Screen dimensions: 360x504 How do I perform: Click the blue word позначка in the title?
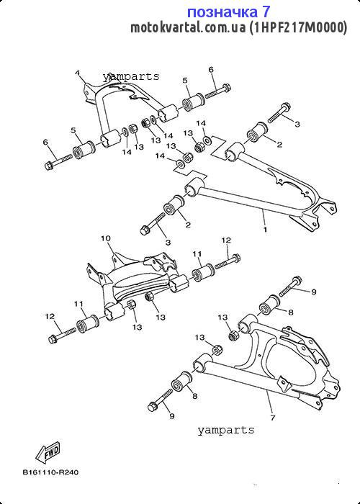click(222, 12)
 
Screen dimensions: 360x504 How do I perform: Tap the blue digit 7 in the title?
click(266, 12)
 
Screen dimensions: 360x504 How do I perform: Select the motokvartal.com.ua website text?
click(188, 28)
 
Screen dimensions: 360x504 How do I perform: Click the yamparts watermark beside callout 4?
click(131, 76)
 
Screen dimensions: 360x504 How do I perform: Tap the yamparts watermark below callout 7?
click(225, 430)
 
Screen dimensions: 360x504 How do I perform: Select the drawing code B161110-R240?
click(50, 472)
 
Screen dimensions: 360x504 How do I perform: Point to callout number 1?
click(265, 230)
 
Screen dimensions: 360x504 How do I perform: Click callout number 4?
click(78, 73)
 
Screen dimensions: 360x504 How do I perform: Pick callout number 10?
click(106, 238)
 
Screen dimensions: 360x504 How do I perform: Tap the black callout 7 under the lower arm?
click(273, 418)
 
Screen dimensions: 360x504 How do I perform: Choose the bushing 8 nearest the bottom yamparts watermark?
click(181, 382)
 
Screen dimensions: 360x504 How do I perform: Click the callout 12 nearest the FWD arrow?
click(50, 316)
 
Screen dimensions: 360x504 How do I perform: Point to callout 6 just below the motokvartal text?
click(211, 70)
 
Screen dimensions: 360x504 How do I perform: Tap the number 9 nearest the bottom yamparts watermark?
click(172, 416)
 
